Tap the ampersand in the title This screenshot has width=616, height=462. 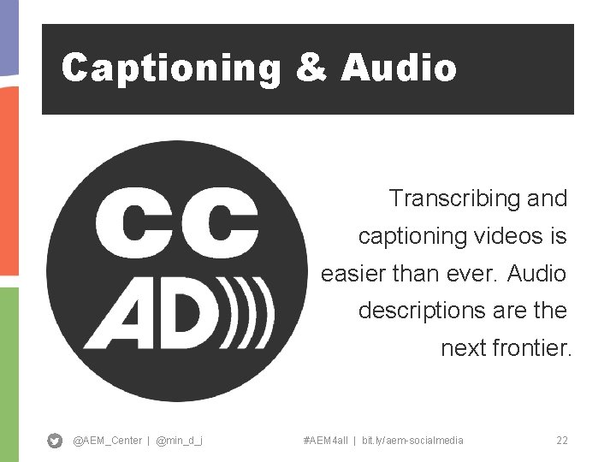(x=311, y=68)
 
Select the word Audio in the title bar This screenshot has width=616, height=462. (x=399, y=68)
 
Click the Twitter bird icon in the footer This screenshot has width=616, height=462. (x=55, y=441)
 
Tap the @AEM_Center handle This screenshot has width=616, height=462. (x=107, y=441)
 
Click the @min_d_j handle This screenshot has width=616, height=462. (x=179, y=441)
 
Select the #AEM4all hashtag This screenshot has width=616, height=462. (x=325, y=441)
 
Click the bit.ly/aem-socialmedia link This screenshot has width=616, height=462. (x=412, y=441)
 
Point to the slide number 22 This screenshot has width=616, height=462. (x=562, y=441)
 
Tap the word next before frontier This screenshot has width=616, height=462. (x=463, y=348)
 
